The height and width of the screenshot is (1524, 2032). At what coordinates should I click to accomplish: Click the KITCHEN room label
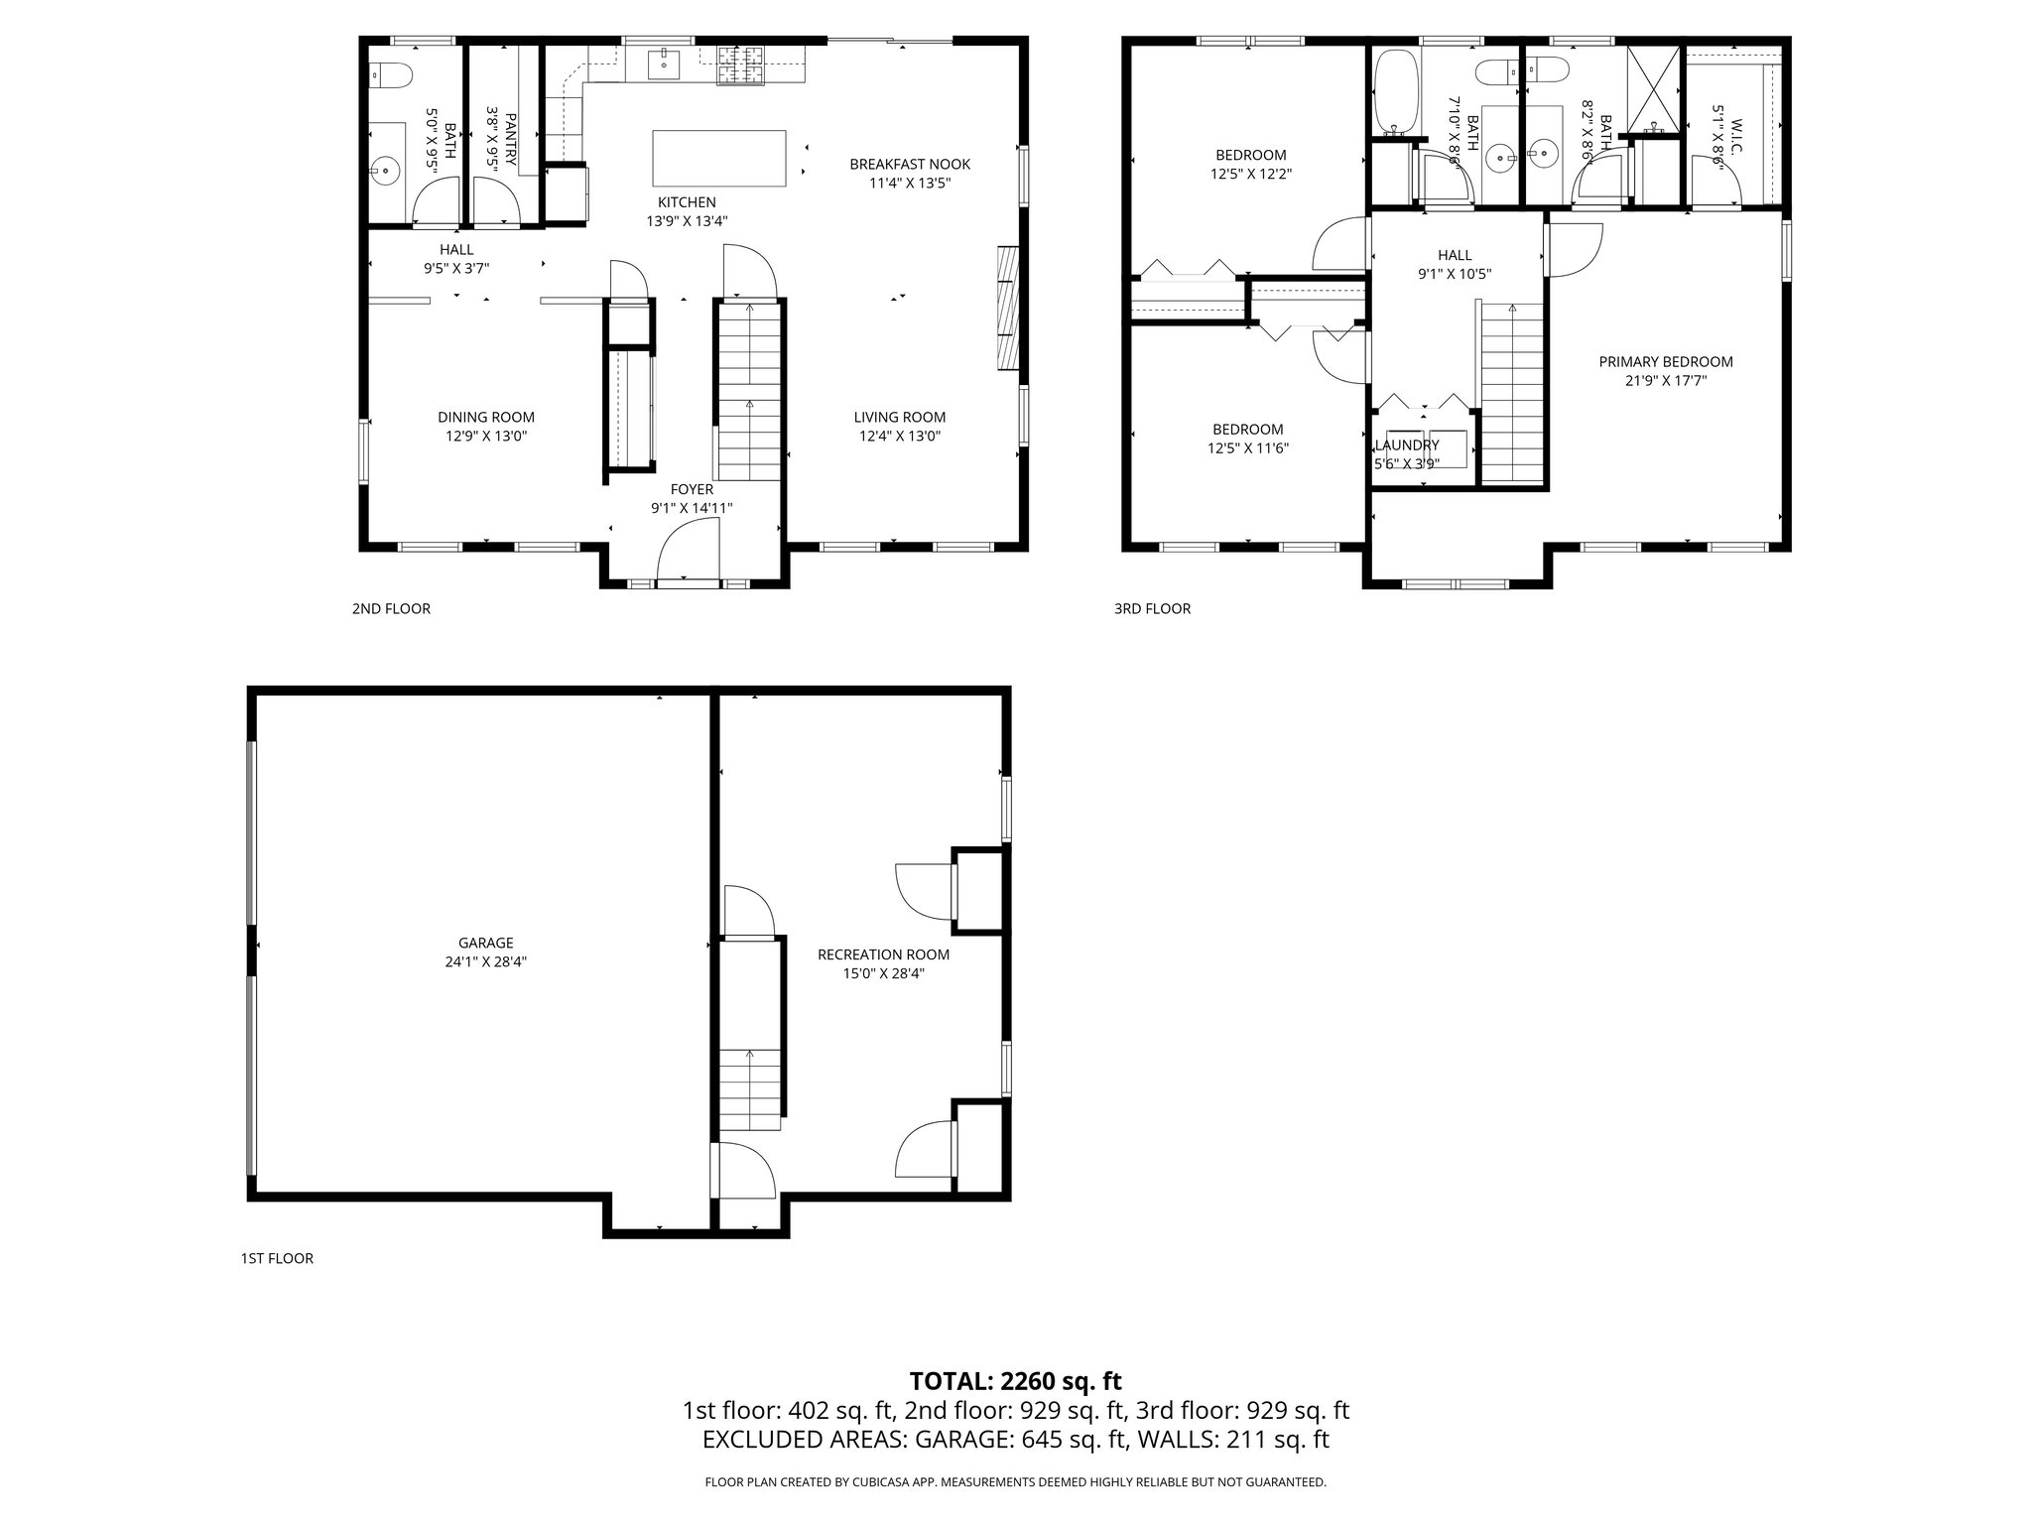[x=686, y=202]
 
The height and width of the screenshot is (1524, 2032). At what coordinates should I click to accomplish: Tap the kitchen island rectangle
[x=719, y=158]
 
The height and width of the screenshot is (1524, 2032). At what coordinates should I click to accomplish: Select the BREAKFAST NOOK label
[x=910, y=165]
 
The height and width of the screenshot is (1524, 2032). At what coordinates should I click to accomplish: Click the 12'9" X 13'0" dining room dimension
[x=486, y=436]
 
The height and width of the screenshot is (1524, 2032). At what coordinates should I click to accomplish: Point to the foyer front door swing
[x=688, y=551]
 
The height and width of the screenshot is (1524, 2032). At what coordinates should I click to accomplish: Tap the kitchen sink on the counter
[x=664, y=64]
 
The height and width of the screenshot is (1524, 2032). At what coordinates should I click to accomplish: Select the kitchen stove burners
[x=741, y=66]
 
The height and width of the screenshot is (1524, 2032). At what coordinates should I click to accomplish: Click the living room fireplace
[x=1007, y=309]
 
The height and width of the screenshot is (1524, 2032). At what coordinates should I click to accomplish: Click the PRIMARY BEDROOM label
[x=1666, y=362]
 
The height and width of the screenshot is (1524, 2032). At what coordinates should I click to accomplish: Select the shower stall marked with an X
[x=1653, y=89]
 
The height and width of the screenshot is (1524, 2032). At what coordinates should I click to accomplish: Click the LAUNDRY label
[x=1406, y=445]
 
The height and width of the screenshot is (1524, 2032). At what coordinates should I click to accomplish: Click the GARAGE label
[x=486, y=944]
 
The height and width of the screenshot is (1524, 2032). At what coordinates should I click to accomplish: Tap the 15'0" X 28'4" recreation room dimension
[x=883, y=973]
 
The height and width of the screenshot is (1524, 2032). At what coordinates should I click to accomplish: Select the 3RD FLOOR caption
[x=1152, y=609]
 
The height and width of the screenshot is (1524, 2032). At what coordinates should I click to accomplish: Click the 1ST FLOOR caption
[x=277, y=1259]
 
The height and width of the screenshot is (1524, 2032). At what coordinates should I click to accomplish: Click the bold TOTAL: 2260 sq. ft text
[x=1015, y=1381]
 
